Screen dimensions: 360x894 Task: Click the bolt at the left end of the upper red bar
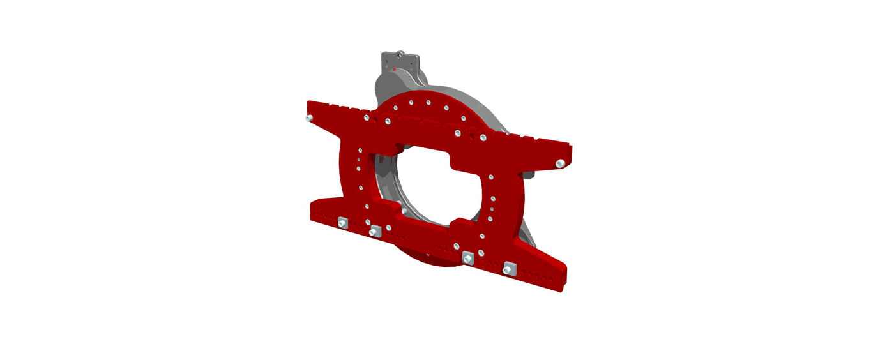point(309,118)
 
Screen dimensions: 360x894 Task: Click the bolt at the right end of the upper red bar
point(560,164)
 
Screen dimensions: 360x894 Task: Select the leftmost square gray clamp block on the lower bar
point(342,223)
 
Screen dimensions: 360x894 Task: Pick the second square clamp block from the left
point(375,230)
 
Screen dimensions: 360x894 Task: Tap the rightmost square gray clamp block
point(509,269)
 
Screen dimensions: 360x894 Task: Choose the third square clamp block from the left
point(468,258)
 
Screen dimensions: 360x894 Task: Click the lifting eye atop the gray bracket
point(401,54)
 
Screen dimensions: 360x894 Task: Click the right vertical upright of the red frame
point(508,204)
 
